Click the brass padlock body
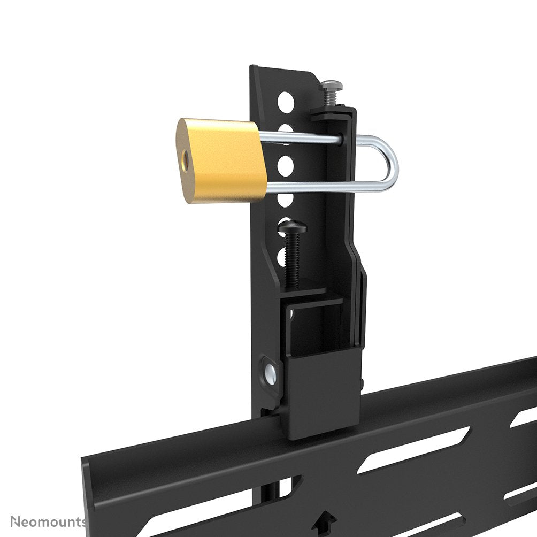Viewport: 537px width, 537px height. (222, 160)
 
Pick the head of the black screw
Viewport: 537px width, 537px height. (291, 229)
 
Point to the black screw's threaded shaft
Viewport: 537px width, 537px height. (293, 259)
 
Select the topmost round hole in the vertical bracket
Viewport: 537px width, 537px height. (286, 99)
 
